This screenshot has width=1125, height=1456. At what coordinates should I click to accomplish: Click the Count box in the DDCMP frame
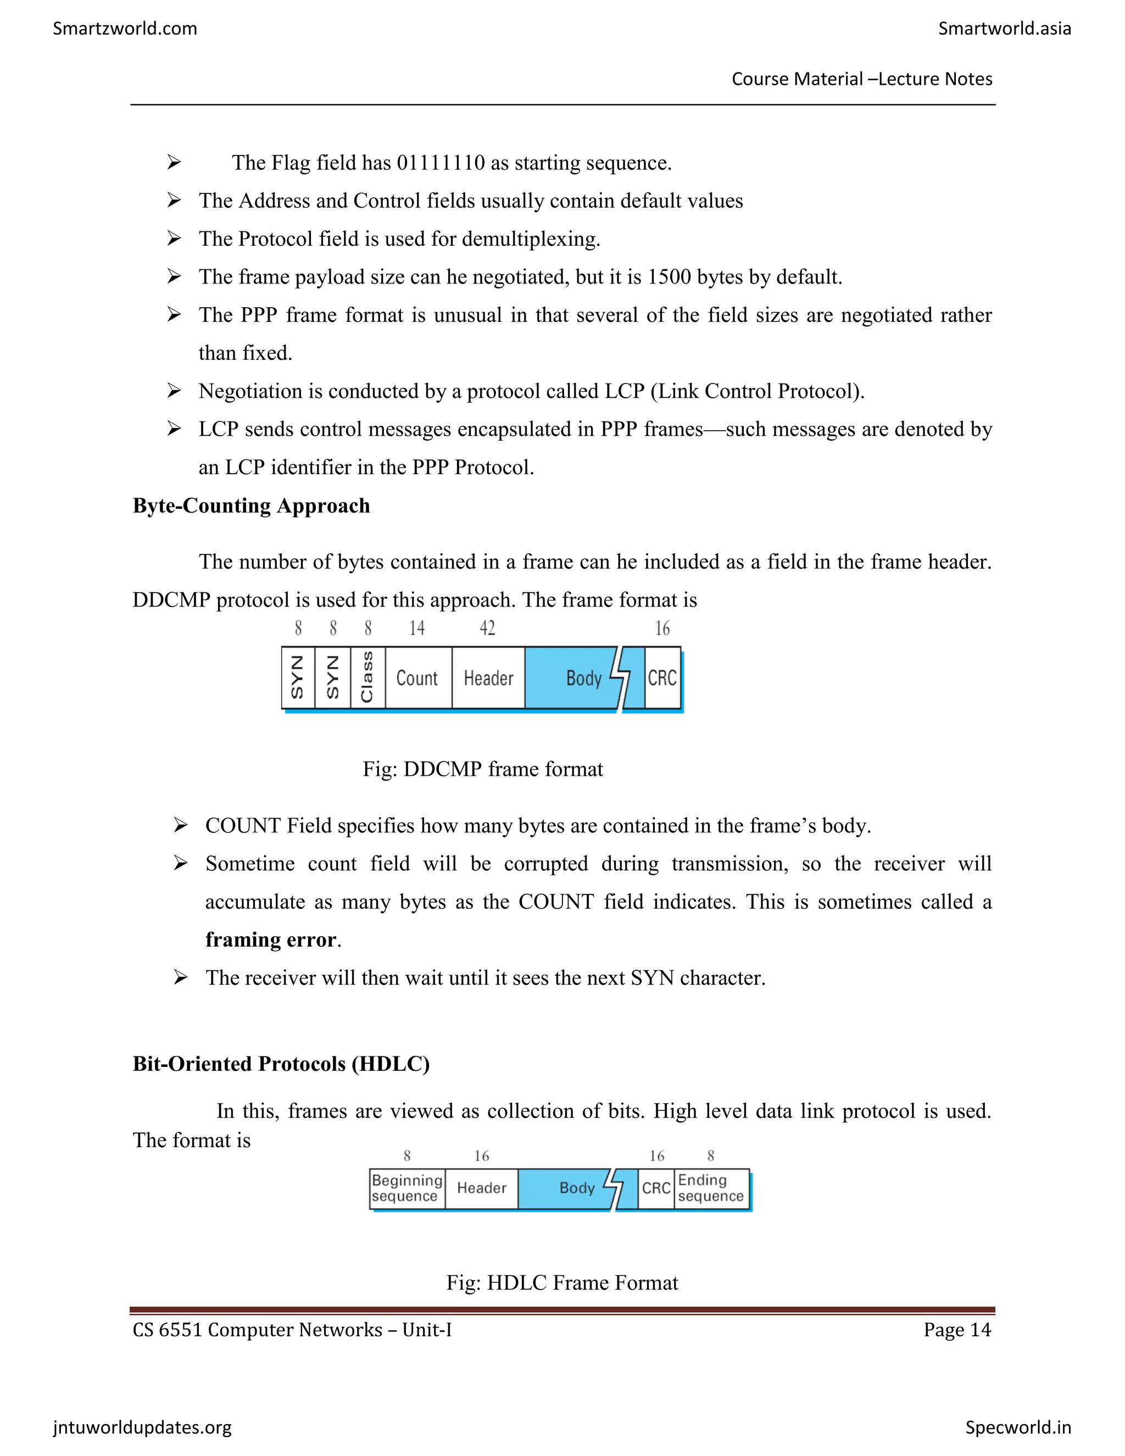(417, 678)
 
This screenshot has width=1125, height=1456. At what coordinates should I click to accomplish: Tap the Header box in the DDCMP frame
(488, 678)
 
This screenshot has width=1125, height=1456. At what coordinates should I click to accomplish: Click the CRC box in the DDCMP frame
(662, 678)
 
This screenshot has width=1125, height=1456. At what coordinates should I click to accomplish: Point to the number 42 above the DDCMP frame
(487, 628)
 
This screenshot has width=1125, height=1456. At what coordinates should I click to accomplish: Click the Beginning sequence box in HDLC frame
(406, 1188)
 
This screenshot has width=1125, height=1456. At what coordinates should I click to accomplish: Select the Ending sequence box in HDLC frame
(711, 1188)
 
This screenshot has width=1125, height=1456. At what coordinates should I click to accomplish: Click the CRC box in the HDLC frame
(656, 1188)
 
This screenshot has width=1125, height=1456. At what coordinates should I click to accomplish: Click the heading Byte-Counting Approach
(251, 505)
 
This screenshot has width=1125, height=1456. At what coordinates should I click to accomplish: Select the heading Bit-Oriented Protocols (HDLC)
(281, 1063)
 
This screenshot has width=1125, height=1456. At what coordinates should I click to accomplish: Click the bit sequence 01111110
(441, 163)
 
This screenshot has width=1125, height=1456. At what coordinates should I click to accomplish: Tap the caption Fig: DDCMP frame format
(482, 769)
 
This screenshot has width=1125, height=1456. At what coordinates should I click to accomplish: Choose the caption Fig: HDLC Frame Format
(562, 1283)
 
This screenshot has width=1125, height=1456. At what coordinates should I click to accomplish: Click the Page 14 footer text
(957, 1330)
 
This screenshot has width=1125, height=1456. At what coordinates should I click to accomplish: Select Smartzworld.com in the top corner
(125, 29)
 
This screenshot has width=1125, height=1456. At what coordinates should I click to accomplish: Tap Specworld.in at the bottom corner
(1018, 1427)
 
